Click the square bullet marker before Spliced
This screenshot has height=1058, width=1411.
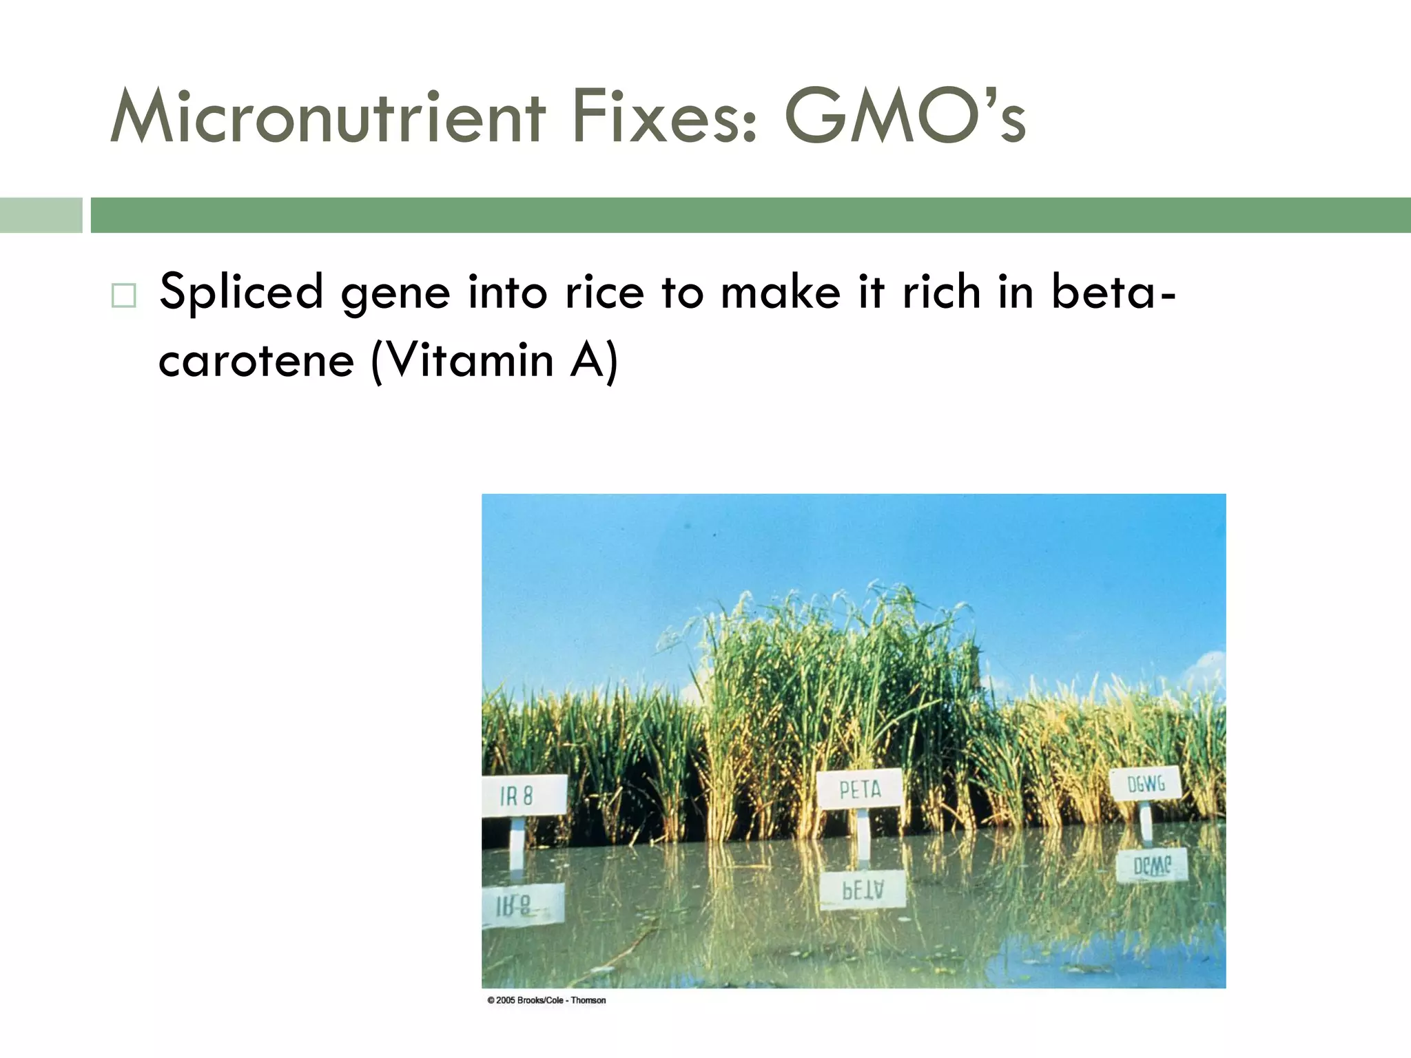pyautogui.click(x=124, y=295)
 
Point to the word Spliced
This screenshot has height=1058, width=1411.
pyautogui.click(x=241, y=292)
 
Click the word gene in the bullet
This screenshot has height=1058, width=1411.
pyautogui.click(x=395, y=293)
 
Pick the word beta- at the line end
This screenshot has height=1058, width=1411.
pyautogui.click(x=1113, y=292)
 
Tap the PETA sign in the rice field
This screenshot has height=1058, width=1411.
pyautogui.click(x=860, y=789)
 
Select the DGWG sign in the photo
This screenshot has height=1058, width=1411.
pyautogui.click(x=1146, y=784)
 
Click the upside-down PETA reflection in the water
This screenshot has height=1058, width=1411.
pyautogui.click(x=863, y=891)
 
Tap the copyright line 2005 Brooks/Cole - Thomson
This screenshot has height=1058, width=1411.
pyautogui.click(x=546, y=1000)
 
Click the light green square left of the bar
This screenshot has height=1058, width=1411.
pyautogui.click(x=41, y=215)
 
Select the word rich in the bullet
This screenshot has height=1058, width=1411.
pyautogui.click(x=941, y=292)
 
